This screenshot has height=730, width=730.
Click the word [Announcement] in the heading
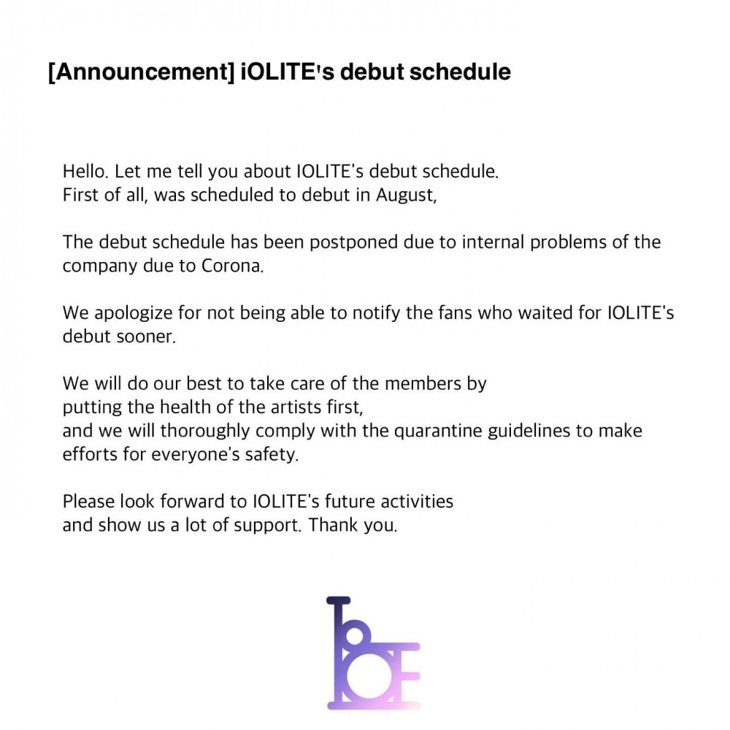pos(142,72)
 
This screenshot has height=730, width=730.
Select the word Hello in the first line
pos(85,172)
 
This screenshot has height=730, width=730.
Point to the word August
pos(406,195)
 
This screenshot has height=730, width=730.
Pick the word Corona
pos(232,266)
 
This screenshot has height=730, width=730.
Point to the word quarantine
pos(438,431)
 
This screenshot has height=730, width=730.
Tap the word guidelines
pos(529,431)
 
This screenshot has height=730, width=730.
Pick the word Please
pos(89,502)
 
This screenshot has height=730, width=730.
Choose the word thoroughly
pos(205,431)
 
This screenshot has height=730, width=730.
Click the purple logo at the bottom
pos(373,653)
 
